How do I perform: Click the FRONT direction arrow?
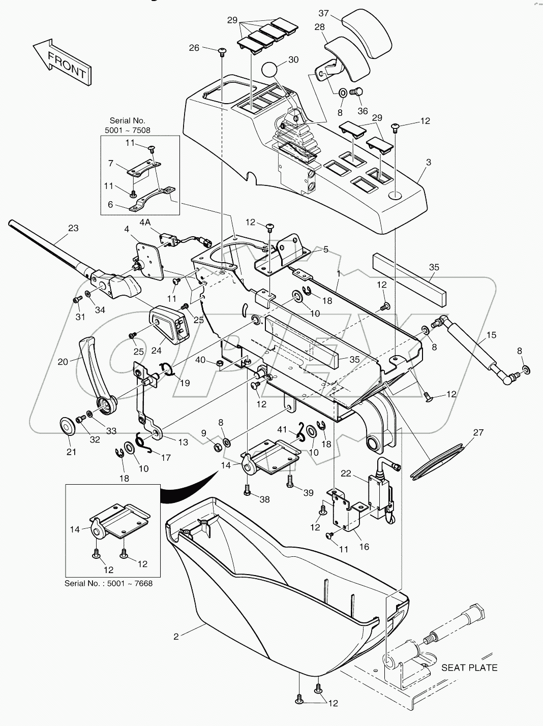pos(61,62)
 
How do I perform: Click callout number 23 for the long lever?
pos(73,228)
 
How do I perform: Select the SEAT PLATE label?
pos(469,667)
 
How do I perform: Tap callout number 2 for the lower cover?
pos(176,636)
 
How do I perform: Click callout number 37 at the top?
pos(323,13)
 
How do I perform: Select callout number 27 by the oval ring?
pos(478,432)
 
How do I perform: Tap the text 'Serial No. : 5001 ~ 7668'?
pos(108,583)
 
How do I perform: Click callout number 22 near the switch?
pos(346,473)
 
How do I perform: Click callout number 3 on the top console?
pos(428,162)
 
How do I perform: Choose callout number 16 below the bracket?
pos(364,547)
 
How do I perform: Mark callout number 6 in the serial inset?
pos(110,206)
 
